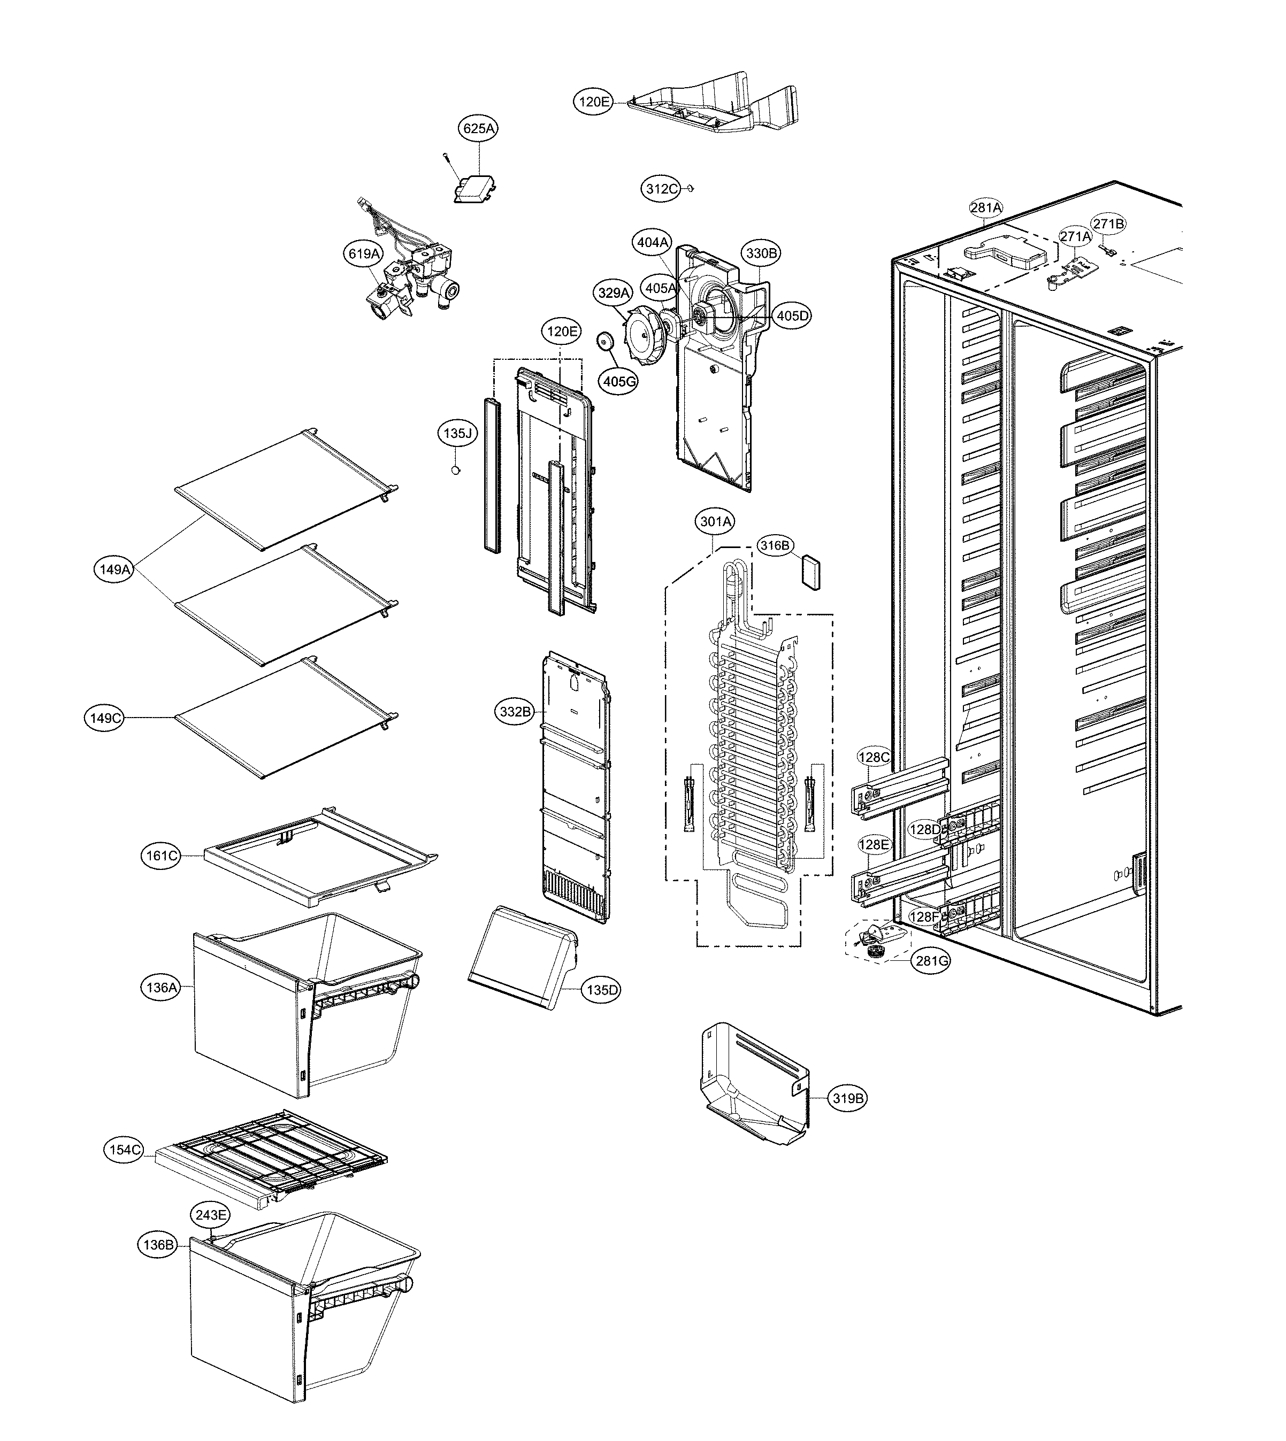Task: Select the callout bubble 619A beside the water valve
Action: (364, 253)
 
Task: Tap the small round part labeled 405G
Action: (605, 341)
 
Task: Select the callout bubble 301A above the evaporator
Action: (715, 522)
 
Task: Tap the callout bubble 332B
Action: (515, 712)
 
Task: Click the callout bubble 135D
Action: (602, 990)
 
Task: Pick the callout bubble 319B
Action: (847, 1098)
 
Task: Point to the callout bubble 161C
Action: (160, 856)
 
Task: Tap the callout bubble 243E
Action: (211, 1215)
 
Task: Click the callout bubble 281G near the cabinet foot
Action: (931, 961)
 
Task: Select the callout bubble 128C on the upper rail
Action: (874, 757)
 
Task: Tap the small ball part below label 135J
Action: (456, 470)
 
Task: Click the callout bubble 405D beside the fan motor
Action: (793, 316)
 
